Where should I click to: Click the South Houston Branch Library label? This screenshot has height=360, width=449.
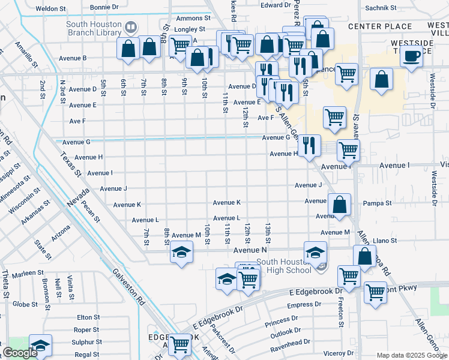(94, 28)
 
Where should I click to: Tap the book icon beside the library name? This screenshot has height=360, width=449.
(130, 27)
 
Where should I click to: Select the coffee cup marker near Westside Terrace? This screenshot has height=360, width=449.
(411, 57)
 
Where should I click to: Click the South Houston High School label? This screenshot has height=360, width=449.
(284, 266)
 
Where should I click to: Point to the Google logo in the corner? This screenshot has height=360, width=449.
(20, 352)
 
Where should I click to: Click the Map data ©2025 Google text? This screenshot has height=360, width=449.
(411, 355)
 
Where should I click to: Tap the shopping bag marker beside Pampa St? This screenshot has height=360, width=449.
(339, 205)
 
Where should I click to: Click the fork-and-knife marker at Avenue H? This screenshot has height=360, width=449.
(309, 146)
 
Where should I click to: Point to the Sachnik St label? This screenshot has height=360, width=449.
(381, 8)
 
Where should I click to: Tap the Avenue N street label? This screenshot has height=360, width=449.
(250, 250)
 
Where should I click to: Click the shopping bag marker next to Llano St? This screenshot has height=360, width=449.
(364, 256)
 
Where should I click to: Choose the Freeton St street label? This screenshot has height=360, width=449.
(340, 315)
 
